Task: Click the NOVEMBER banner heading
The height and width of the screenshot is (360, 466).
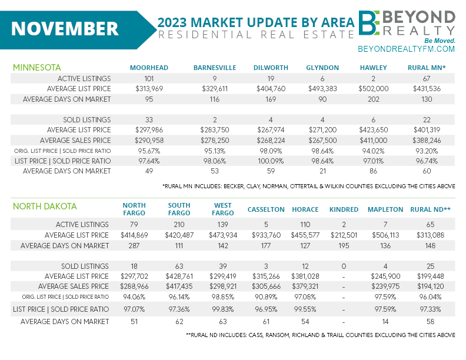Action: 65,28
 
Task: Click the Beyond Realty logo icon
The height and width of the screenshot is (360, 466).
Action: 371,23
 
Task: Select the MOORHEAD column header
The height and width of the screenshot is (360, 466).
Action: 149,68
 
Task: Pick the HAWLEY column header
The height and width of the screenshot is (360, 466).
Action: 374,68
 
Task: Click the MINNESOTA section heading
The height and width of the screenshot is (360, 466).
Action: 37,68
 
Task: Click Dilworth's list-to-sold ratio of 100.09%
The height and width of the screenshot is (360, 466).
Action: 270,160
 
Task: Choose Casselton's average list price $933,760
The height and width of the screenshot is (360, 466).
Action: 265,235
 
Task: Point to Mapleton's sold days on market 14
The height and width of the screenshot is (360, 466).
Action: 385,321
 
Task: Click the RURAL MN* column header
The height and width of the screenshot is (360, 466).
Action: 427,68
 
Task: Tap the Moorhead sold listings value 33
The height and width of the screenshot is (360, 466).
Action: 149,119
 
